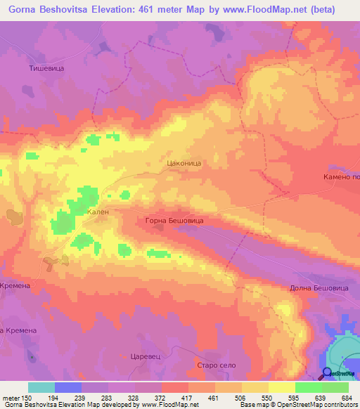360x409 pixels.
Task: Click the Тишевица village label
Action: pyautogui.click(x=47, y=68)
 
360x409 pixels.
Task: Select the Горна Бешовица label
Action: pyautogui.click(x=174, y=221)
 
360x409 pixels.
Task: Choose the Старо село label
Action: pyautogui.click(x=215, y=365)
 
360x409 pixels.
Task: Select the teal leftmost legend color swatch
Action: pyautogui.click(x=41, y=387)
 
